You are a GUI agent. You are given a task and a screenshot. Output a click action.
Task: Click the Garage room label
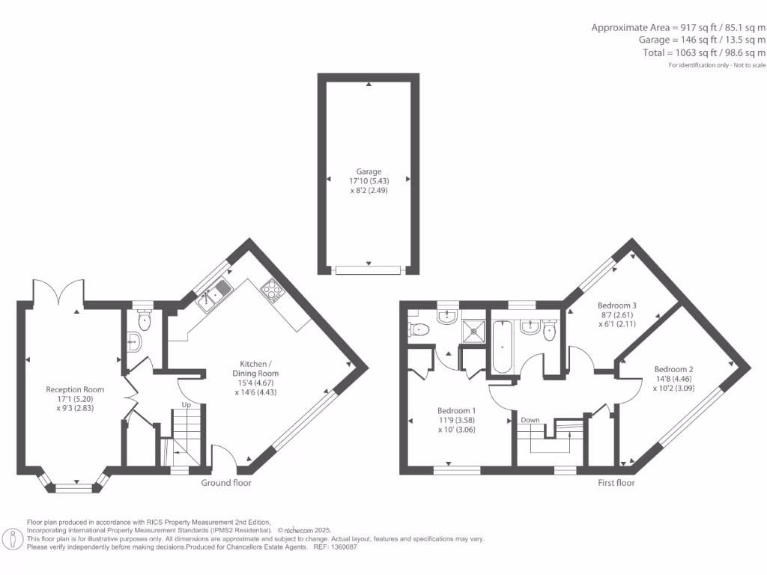pos(368,171)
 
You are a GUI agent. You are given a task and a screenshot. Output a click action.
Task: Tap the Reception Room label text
pos(75,389)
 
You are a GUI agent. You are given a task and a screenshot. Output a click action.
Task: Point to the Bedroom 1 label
pos(456,410)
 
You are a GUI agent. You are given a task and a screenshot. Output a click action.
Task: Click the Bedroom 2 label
pos(673,369)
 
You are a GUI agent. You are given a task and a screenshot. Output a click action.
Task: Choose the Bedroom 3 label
pos(616,305)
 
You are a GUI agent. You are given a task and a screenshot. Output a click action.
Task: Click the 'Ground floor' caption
pos(226,483)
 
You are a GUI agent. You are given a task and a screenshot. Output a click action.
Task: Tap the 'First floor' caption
pos(616,483)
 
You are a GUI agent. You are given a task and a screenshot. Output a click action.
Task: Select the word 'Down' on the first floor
pos(530,420)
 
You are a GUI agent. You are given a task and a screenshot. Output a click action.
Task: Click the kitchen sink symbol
pos(214,294)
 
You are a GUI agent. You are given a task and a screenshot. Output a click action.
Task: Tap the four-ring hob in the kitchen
pos(270,289)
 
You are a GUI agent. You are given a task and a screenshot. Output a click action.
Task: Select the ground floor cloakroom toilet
pos(144,321)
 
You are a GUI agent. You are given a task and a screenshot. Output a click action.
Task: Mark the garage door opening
pos(368,270)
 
